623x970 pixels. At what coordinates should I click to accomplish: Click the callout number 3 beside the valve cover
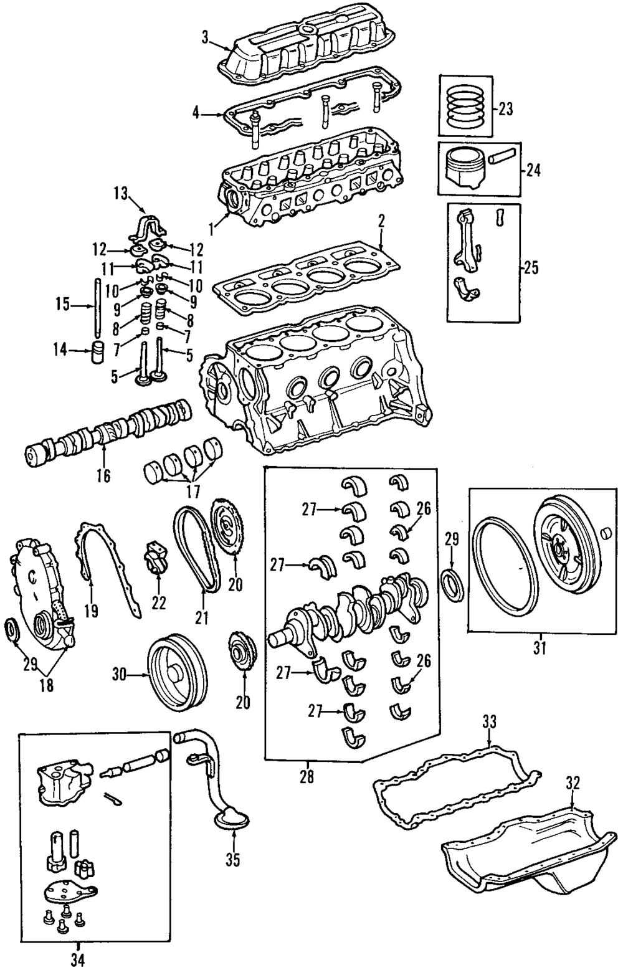[x=205, y=38]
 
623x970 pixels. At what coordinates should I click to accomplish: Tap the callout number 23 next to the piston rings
[x=505, y=109]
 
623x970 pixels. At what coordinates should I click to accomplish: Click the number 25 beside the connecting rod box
[x=531, y=269]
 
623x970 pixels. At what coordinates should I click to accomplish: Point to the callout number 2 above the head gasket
[x=381, y=222]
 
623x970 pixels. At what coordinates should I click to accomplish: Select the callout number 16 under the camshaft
[x=104, y=475]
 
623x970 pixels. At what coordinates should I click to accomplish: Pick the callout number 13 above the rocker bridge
[x=122, y=194]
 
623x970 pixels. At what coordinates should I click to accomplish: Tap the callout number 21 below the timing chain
[x=202, y=618]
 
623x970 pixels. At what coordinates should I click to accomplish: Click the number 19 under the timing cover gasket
[x=92, y=611]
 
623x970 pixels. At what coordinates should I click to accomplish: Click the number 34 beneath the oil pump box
[x=79, y=958]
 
